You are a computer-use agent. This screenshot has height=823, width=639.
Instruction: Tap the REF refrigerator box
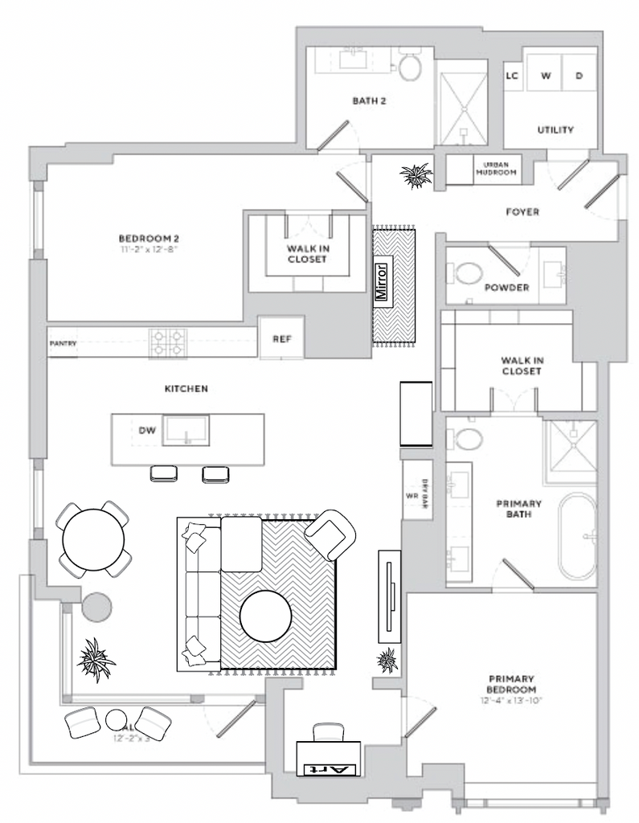tap(281, 338)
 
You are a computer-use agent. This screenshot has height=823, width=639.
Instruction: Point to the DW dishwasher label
tap(146, 431)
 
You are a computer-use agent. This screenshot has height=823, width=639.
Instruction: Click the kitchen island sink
tap(186, 431)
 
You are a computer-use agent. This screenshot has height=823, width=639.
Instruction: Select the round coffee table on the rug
tap(266, 616)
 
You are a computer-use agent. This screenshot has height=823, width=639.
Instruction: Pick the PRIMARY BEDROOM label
tap(511, 684)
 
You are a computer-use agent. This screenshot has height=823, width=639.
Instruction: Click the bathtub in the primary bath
tap(577, 536)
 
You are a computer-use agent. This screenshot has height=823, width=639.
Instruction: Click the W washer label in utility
tap(546, 76)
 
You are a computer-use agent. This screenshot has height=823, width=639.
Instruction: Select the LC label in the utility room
tap(511, 76)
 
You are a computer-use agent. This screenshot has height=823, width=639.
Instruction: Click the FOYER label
tap(522, 212)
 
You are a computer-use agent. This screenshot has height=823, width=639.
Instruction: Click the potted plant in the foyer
tap(416, 174)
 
